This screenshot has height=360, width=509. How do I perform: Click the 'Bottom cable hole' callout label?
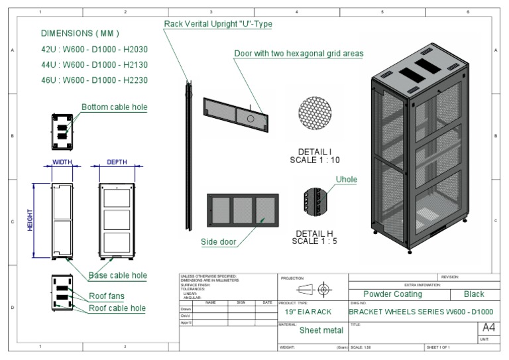pyautogui.click(x=114, y=107)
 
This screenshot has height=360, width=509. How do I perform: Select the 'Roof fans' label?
pyautogui.click(x=107, y=296)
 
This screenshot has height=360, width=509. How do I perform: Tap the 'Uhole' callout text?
pyautogui.click(x=346, y=180)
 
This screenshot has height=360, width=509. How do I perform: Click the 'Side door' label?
pyautogui.click(x=219, y=242)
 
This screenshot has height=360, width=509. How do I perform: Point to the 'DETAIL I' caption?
pyautogui.click(x=315, y=152)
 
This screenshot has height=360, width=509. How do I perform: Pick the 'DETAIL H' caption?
pyautogui.click(x=315, y=233)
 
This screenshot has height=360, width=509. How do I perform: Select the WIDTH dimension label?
pyautogui.click(x=62, y=162)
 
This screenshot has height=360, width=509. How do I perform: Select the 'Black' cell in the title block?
pyautogui.click(x=474, y=294)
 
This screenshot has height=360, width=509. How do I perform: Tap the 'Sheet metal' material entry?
pyautogui.click(x=321, y=330)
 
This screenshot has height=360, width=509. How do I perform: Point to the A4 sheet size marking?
pyautogui.click(x=488, y=328)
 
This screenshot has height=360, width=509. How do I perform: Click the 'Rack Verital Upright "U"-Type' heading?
pyautogui.click(x=218, y=25)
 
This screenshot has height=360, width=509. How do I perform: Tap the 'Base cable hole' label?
pyautogui.click(x=117, y=275)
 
